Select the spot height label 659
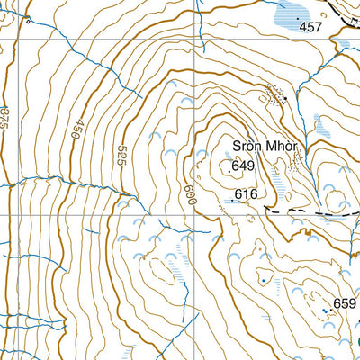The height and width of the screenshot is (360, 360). [345, 303]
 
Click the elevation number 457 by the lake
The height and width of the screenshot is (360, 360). [310, 28]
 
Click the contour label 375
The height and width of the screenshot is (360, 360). [5, 114]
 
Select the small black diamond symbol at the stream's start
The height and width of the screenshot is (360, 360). [29, 20]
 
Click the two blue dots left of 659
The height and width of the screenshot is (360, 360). [325, 310]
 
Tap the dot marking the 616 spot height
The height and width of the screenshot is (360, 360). [231, 202]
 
